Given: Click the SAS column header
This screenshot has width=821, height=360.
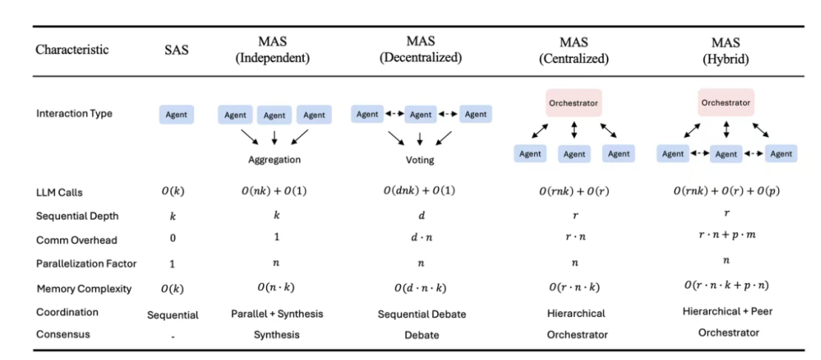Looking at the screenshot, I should pyautogui.click(x=176, y=50).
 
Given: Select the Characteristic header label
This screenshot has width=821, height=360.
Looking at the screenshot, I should pyautogui.click(x=72, y=50).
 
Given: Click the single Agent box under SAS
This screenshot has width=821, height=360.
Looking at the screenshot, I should pyautogui.click(x=176, y=115).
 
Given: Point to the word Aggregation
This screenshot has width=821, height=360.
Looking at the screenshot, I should pyautogui.click(x=274, y=159).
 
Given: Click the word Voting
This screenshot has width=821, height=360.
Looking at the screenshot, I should pyautogui.click(x=420, y=159).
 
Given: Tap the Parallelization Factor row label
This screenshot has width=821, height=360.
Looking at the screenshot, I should pyautogui.click(x=85, y=264).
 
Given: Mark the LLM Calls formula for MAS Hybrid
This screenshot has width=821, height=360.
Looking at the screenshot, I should pyautogui.click(x=726, y=192).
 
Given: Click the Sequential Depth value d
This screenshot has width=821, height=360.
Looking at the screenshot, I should pyautogui.click(x=420, y=216).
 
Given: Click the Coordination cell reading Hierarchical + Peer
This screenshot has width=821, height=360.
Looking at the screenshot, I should pyautogui.click(x=726, y=311).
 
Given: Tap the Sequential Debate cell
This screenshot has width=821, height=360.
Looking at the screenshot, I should pyautogui.click(x=422, y=314).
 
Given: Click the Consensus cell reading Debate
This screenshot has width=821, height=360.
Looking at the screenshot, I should pyautogui.click(x=422, y=335).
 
